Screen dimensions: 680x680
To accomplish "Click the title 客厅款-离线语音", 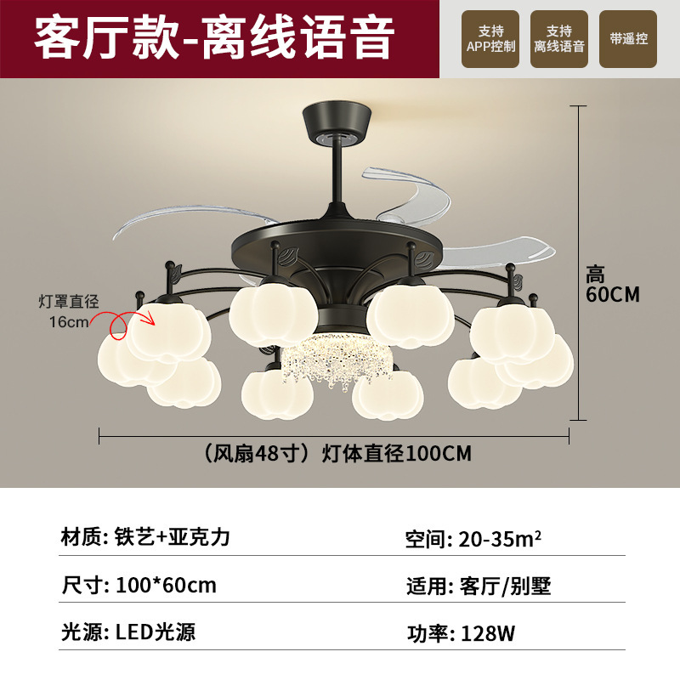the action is [214, 38].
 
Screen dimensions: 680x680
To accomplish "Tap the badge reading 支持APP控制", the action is [490, 39].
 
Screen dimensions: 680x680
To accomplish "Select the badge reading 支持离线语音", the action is [559, 39].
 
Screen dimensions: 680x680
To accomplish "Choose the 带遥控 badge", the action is [628, 39].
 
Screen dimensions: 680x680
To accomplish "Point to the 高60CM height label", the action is [611, 284].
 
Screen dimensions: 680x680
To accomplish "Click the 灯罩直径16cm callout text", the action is [69, 311].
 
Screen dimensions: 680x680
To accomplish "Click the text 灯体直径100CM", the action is [396, 454].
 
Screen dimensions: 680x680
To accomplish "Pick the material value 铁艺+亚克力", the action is [167, 538].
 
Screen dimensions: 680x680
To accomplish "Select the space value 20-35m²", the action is [501, 538].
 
